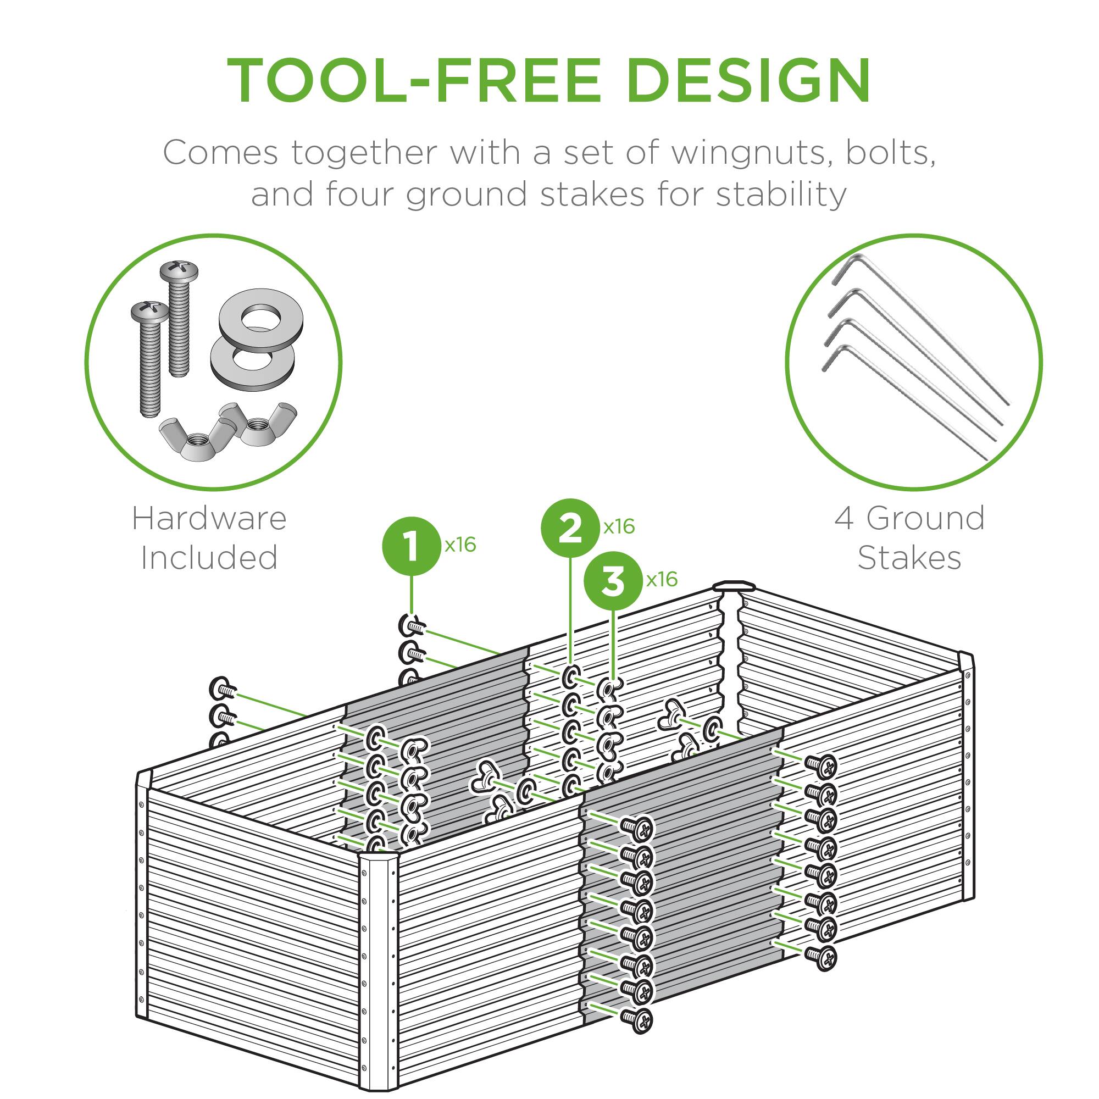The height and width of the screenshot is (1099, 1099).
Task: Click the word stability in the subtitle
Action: tap(781, 194)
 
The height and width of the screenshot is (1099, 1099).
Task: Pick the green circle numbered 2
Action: tap(570, 529)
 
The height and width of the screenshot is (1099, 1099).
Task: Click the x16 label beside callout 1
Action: tap(459, 545)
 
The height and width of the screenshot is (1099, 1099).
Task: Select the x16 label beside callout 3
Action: tap(662, 580)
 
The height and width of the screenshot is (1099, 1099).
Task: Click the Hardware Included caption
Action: tap(209, 537)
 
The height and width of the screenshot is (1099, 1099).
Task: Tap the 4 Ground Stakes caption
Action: tap(909, 537)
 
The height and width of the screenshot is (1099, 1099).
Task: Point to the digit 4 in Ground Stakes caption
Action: tap(844, 518)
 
